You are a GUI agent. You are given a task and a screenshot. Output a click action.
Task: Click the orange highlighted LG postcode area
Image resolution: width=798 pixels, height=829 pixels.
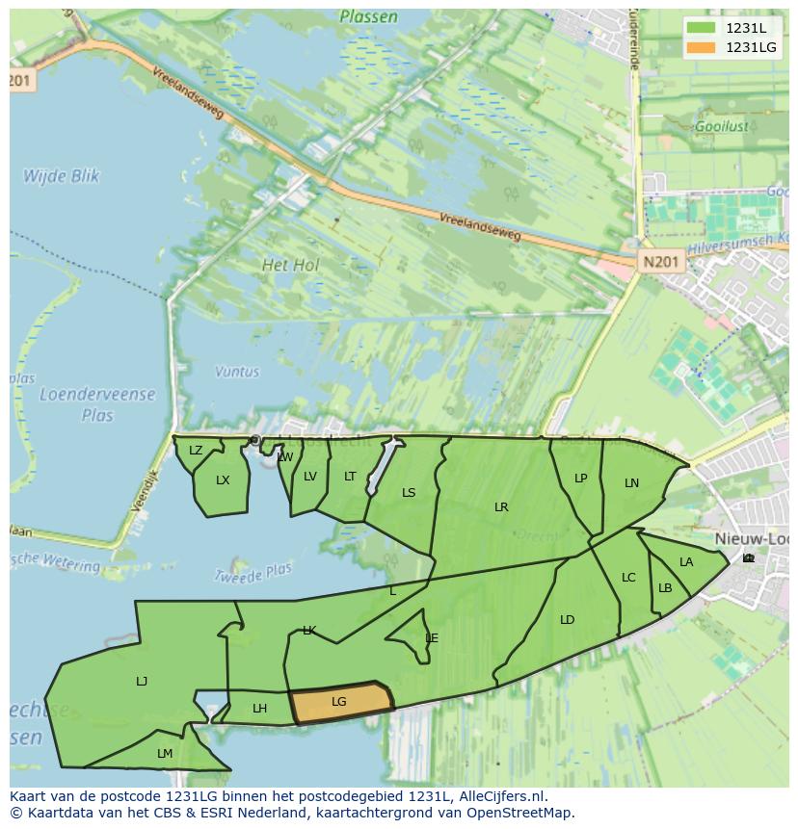(340, 702)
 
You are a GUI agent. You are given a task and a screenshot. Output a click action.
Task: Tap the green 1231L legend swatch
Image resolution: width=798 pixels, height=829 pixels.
(702, 27)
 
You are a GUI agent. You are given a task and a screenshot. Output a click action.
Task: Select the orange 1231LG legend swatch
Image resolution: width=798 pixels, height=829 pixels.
(702, 47)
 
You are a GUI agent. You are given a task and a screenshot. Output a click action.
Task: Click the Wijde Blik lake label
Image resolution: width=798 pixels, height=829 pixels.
(62, 176)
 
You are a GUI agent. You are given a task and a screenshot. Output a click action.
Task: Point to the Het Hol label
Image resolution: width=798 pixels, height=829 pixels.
(290, 264)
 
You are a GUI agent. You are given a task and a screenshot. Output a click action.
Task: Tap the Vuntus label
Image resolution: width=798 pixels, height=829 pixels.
(237, 372)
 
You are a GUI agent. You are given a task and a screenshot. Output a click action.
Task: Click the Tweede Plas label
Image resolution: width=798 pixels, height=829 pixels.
(252, 573)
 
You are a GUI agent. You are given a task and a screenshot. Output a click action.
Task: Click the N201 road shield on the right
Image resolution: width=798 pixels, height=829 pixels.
(660, 261)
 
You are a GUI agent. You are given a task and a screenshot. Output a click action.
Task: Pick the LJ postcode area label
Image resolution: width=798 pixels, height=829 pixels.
(142, 682)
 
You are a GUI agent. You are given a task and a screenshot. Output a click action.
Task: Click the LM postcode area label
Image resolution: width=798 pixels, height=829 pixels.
(165, 754)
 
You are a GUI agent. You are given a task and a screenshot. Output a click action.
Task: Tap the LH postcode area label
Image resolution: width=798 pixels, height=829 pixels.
(259, 709)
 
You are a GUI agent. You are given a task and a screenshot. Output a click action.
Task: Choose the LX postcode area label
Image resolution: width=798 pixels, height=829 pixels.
(223, 480)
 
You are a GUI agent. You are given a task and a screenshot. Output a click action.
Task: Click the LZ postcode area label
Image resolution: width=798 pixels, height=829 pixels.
(196, 451)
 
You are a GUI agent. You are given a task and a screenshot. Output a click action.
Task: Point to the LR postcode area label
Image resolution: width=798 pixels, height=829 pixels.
(501, 507)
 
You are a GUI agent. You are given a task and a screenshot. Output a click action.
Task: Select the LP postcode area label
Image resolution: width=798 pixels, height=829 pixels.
(580, 479)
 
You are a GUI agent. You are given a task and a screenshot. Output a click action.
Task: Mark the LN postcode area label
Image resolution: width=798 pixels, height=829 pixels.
(631, 483)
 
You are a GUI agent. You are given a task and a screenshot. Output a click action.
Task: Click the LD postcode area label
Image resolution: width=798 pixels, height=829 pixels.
(567, 620)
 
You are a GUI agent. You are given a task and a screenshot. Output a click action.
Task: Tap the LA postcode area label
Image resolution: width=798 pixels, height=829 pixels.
(686, 562)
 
